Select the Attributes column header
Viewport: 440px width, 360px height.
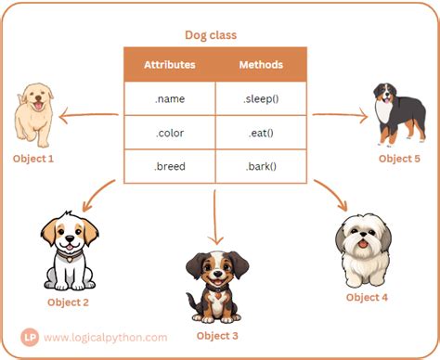169,65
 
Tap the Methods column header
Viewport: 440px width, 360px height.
261,65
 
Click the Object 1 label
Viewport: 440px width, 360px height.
33,159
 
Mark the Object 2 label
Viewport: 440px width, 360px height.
69,302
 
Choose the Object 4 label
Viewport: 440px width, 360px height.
367,297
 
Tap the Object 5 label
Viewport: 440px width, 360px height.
399,159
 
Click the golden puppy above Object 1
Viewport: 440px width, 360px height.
33,114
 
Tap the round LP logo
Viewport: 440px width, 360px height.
30,338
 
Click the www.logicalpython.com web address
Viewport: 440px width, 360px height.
104,338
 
